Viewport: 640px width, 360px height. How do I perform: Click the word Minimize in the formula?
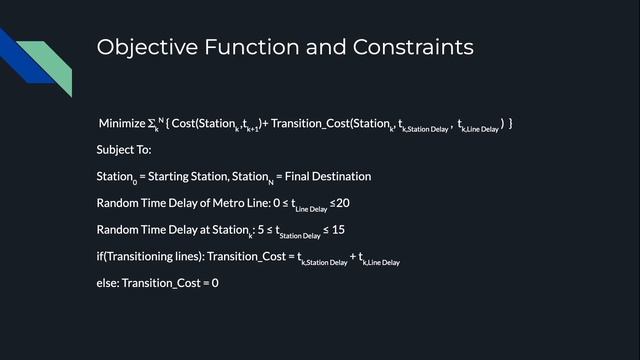pos(122,123)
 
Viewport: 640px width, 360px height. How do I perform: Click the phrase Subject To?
pos(124,150)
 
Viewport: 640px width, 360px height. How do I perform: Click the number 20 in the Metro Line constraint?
pos(342,203)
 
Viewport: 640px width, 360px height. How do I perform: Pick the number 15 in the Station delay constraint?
pos(338,230)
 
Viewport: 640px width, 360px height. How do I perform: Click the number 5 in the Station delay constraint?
pos(259,230)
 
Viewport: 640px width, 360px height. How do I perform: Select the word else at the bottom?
pos(108,283)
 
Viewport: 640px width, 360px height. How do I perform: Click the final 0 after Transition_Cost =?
pos(215,283)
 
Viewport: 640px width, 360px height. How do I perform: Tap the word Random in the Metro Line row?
pos(119,203)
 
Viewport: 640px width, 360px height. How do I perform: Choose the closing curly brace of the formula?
pos(510,123)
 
